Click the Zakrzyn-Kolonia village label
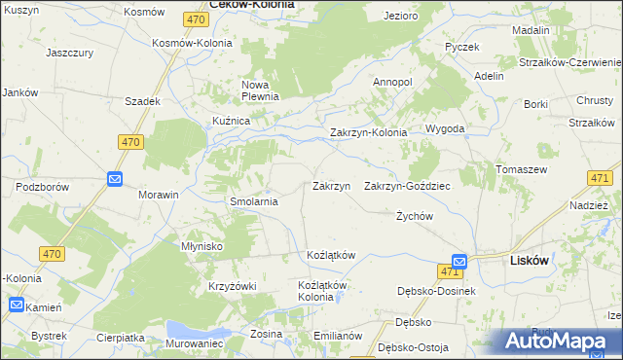[368, 132]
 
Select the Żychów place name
[414, 216]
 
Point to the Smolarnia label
[254, 201]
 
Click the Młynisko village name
[202, 246]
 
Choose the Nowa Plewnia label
[260, 90]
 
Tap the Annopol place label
[393, 83]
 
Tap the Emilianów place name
[338, 335]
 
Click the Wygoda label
[444, 128]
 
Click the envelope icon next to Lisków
[458, 261]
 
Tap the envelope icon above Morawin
[114, 179]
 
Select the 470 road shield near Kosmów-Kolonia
[195, 18]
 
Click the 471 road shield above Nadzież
[600, 177]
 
